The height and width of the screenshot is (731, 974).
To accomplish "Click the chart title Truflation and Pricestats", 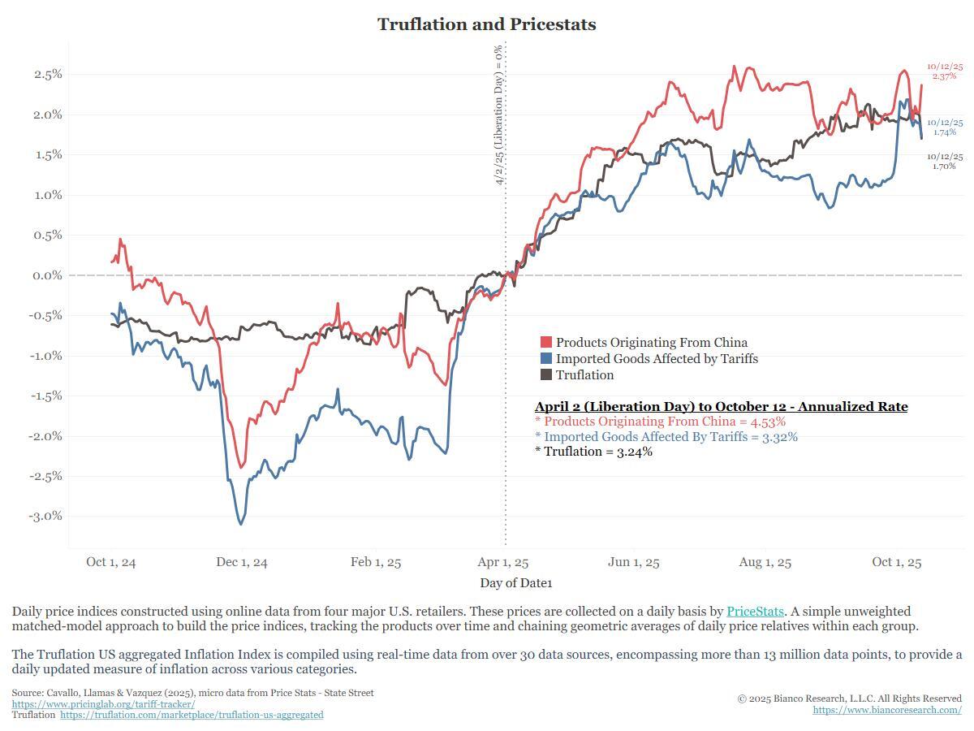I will pyautogui.click(x=487, y=24).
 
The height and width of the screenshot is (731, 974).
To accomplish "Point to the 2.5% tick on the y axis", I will pyautogui.click(x=48, y=74).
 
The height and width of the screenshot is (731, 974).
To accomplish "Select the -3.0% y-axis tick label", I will pyautogui.click(x=45, y=516).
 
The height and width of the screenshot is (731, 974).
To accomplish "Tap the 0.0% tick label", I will pyautogui.click(x=48, y=275).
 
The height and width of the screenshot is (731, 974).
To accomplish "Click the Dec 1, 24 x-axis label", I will pyautogui.click(x=242, y=562).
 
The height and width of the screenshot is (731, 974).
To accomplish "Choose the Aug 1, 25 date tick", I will pyautogui.click(x=765, y=562).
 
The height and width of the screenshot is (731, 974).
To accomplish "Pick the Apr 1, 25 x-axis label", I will pyautogui.click(x=503, y=562).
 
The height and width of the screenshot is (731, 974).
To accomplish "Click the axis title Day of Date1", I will pyautogui.click(x=515, y=582).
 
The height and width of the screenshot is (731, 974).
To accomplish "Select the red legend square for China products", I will pyautogui.click(x=546, y=343).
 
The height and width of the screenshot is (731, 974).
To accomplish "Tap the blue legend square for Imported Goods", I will pyautogui.click(x=546, y=359).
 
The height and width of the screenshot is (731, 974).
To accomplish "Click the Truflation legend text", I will pyautogui.click(x=584, y=375).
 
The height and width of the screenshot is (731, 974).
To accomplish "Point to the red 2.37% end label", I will pyautogui.click(x=944, y=76).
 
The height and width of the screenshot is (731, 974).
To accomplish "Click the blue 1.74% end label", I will pyautogui.click(x=944, y=132).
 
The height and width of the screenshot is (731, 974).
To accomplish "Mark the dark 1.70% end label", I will pyautogui.click(x=944, y=167).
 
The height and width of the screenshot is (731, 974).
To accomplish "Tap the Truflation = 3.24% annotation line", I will pyautogui.click(x=593, y=452).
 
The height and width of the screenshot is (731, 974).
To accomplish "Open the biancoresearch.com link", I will pyautogui.click(x=887, y=710).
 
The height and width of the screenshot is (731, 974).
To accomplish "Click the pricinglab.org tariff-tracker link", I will pyautogui.click(x=103, y=704).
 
